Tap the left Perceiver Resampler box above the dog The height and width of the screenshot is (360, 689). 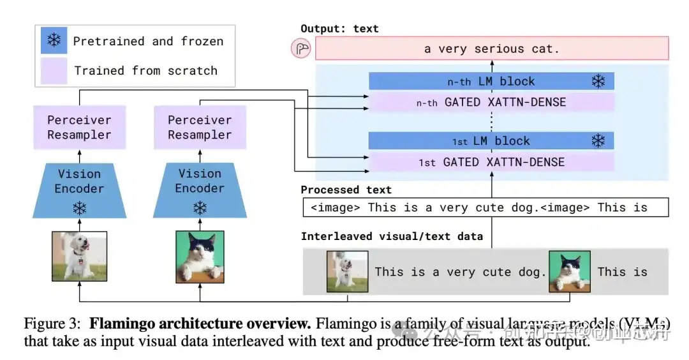pos(79,128)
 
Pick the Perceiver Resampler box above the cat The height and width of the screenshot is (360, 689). pos(200,128)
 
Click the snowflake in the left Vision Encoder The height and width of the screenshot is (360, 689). pos(79,207)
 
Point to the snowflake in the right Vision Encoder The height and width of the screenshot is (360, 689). pos(200,207)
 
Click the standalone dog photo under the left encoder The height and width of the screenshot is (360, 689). pos(79,256)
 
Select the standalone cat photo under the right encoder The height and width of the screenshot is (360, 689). pos(200,256)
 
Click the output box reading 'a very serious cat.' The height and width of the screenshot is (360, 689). pos(491,49)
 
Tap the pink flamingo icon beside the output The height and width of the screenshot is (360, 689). pos(300,49)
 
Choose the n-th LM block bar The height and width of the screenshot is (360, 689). pos(491,81)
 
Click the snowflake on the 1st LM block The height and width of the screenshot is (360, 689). pos(598,141)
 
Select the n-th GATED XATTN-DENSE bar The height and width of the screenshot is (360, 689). pos(491,101)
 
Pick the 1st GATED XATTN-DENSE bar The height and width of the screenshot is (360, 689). pos(491,162)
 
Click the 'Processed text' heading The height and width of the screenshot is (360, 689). pos(346,190)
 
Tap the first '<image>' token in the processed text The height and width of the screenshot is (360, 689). pos(337,207)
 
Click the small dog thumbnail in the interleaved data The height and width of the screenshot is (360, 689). pos(348,271)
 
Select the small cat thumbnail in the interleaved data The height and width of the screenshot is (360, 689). pos(570,271)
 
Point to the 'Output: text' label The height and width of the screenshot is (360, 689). pos(339,29)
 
